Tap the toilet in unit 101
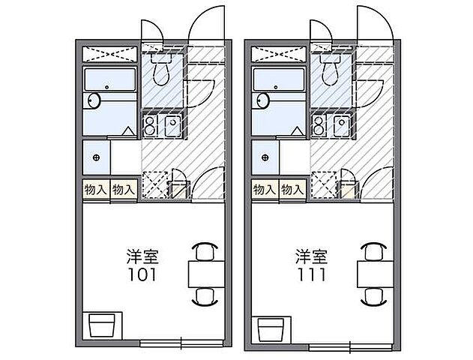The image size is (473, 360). (x=159, y=71)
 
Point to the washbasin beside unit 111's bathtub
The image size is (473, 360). (x=264, y=100)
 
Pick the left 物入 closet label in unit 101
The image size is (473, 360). (x=95, y=190)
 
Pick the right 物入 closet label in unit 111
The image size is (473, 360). (x=292, y=190)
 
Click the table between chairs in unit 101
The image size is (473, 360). (x=200, y=271)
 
